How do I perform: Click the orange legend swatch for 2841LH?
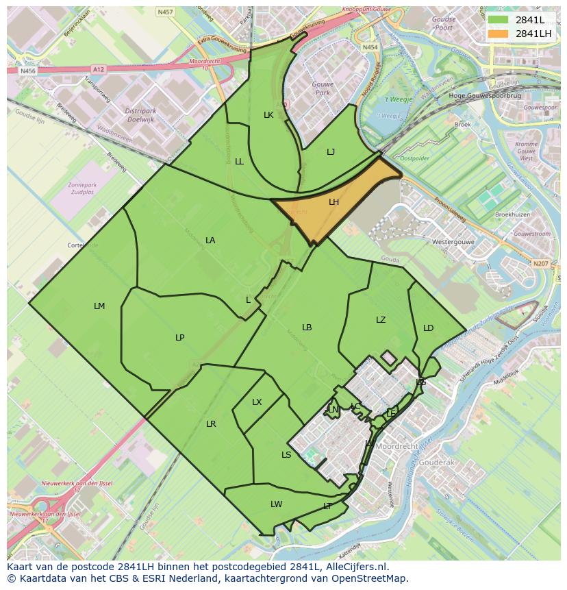[x=499, y=34]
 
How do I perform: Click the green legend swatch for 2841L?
[x=499, y=20]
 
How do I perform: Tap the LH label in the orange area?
[x=334, y=202]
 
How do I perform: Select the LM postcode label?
[x=99, y=306]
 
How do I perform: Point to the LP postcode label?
[x=180, y=337]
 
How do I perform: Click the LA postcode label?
[x=210, y=241]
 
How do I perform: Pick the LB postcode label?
[x=307, y=328]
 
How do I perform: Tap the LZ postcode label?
[x=381, y=320]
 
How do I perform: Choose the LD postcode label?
[x=429, y=328]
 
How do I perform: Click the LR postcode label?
[x=211, y=424]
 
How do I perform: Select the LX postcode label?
[x=257, y=402]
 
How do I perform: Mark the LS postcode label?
[x=286, y=455]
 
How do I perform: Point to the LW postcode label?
[x=276, y=504]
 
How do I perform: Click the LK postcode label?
[x=268, y=115]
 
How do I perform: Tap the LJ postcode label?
[x=331, y=152]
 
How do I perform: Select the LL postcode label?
[x=239, y=162]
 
